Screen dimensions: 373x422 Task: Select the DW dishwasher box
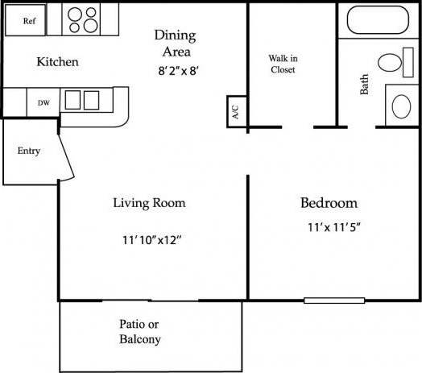click(42, 102)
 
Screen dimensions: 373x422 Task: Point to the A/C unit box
click(234, 112)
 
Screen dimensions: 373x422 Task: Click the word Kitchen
click(57, 61)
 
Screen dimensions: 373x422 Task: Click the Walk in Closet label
click(282, 64)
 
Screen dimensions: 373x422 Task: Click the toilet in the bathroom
click(391, 62)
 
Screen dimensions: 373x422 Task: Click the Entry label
click(28, 151)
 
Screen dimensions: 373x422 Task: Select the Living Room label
click(149, 202)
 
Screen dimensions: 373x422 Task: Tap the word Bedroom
click(329, 202)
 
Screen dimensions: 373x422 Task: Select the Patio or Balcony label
click(140, 331)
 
